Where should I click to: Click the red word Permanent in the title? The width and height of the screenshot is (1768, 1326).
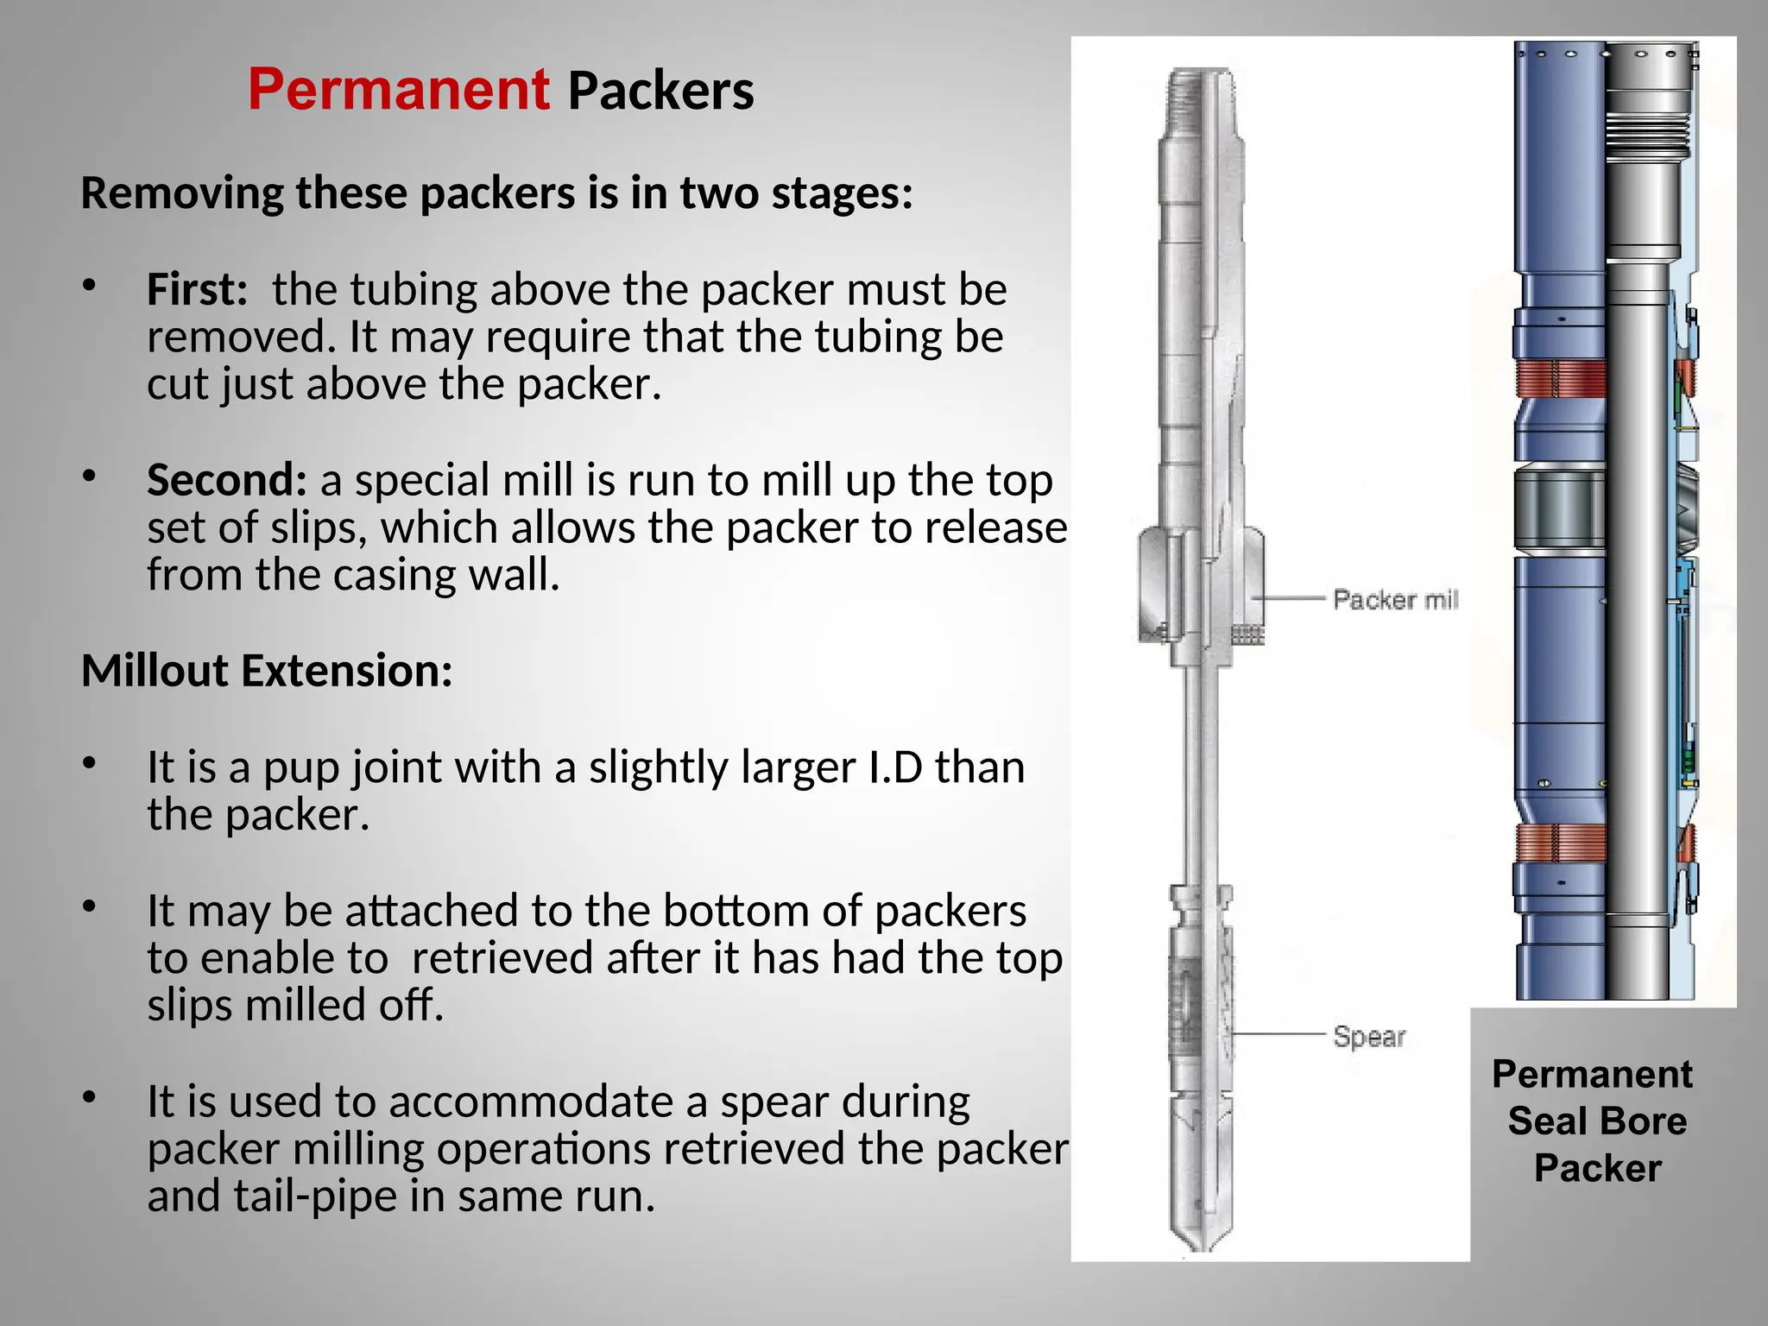398,90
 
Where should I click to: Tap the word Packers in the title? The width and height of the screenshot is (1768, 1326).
660,92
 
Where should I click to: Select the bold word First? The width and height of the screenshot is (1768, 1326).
197,289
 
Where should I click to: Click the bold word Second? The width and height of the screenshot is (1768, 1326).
226,480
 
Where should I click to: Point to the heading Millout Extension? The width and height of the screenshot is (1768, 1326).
267,671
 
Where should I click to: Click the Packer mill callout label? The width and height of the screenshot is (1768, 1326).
1394,599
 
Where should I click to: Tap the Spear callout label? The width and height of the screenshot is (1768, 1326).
1368,1036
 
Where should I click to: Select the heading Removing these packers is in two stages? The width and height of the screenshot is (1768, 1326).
496,193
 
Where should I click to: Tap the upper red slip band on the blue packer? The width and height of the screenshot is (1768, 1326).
1560,379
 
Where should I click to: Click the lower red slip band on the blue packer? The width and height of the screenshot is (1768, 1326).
1560,843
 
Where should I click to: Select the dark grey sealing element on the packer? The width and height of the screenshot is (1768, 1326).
1560,508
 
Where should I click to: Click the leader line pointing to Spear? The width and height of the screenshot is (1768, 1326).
1278,1033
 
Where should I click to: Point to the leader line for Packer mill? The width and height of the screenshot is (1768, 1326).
1288,597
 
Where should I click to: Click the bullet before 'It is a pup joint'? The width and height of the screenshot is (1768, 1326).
89,764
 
